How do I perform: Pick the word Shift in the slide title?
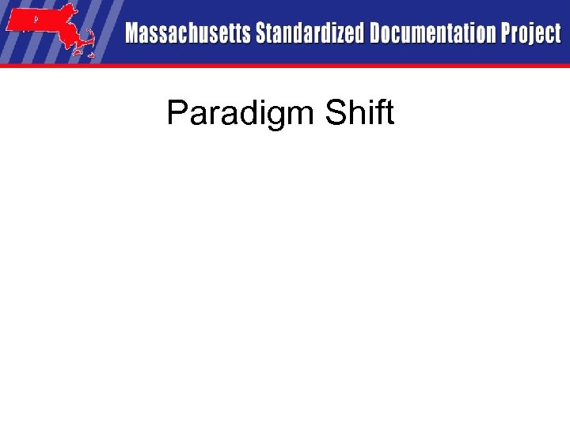pyautogui.click(x=359, y=113)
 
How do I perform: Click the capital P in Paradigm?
pyautogui.click(x=177, y=113)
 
